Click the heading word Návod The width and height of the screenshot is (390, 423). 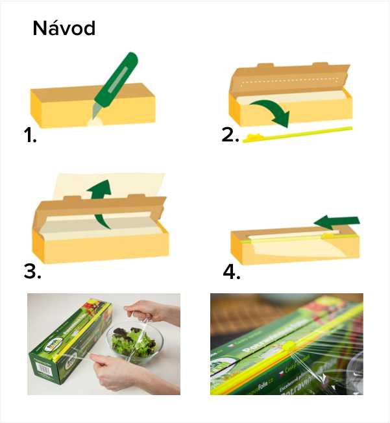pos(64,29)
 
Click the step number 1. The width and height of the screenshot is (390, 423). pos(29,136)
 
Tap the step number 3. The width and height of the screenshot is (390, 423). pos(32,271)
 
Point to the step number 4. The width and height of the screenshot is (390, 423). pos(232,272)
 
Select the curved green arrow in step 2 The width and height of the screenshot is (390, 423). pos(269,110)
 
